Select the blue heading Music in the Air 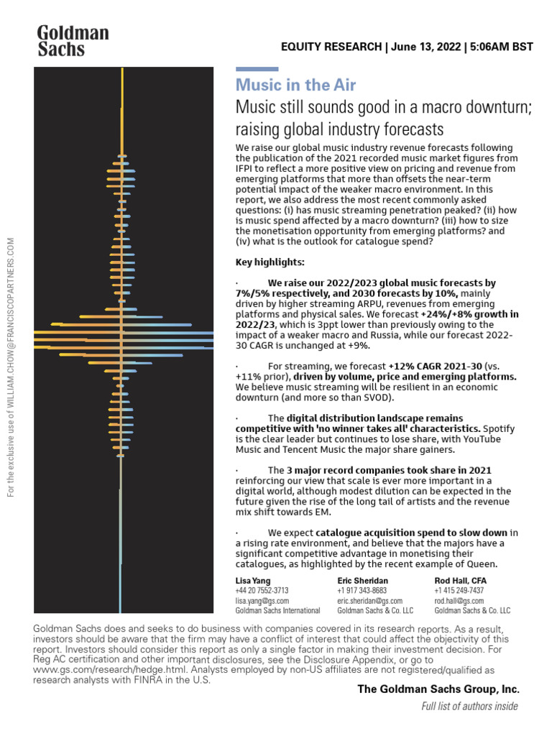click(295, 85)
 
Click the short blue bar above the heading click(257, 70)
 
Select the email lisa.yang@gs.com click(262, 600)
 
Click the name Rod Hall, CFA click(461, 580)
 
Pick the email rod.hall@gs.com click(459, 600)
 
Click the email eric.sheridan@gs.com click(369, 600)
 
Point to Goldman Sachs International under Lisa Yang click(277, 610)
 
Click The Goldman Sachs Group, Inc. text click(438, 689)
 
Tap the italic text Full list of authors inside click(469, 706)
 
